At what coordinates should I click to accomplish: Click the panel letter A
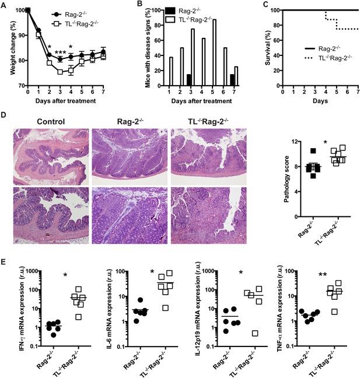pos(4,5)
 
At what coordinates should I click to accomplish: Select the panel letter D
pos(4,117)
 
